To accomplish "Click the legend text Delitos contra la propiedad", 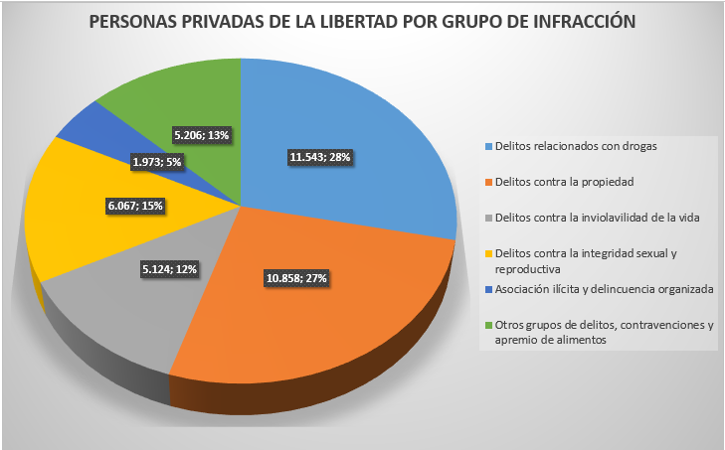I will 564,182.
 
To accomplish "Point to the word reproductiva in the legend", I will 527,268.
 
